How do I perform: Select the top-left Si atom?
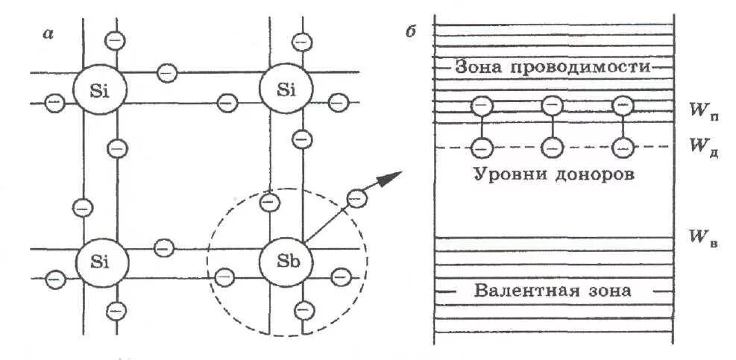pos(101,89)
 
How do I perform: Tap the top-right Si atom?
pos(286,89)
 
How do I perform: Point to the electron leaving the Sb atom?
pos(358,199)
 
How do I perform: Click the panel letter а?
pos(49,34)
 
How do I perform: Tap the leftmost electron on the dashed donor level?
pos(482,148)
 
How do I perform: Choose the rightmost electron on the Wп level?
pos(622,106)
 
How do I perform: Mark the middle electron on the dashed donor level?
pos(552,148)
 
